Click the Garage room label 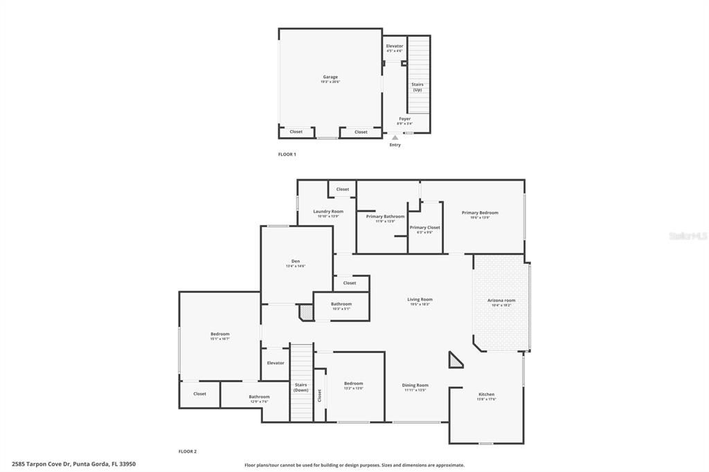pyautogui.click(x=330, y=78)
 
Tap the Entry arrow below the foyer pyautogui.click(x=395, y=138)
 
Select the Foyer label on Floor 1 pyautogui.click(x=404, y=119)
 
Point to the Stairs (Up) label pyautogui.click(x=418, y=87)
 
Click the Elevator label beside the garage pyautogui.click(x=394, y=46)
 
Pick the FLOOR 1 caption pyautogui.click(x=287, y=154)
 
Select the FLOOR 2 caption pyautogui.click(x=188, y=451)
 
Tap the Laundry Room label pyautogui.click(x=328, y=212)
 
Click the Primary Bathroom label pyautogui.click(x=385, y=217)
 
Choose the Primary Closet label pyautogui.click(x=424, y=228)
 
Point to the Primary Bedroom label pyautogui.click(x=480, y=213)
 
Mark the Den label pyautogui.click(x=296, y=262)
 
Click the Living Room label pyautogui.click(x=420, y=300)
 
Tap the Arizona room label pyautogui.click(x=501, y=300)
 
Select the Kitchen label pyautogui.click(x=486, y=394)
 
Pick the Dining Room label pyautogui.click(x=415, y=385)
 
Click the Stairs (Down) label pyautogui.click(x=300, y=386)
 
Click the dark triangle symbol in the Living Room pyautogui.click(x=455, y=361)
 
